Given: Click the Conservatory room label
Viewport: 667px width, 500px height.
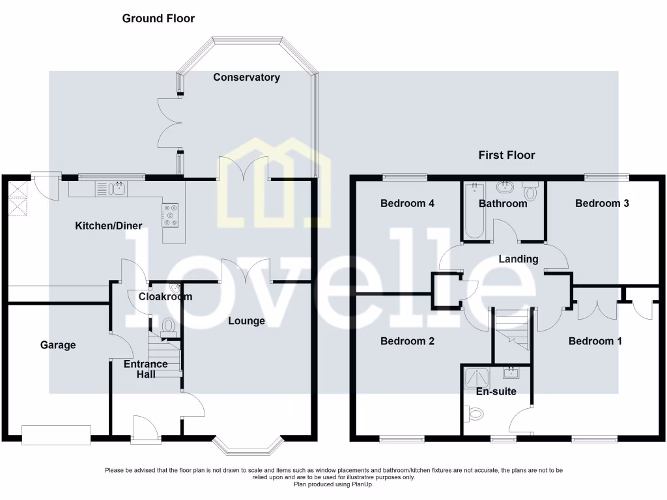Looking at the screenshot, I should tap(247, 77).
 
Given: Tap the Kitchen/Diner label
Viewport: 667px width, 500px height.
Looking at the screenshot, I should tap(109, 226).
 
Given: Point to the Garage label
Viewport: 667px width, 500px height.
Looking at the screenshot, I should tap(58, 345).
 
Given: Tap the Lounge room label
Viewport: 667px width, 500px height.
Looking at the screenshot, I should tap(246, 321).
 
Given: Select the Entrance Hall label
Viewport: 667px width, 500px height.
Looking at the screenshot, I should tap(145, 368).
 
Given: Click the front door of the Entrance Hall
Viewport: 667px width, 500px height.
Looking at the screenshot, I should tap(145, 428).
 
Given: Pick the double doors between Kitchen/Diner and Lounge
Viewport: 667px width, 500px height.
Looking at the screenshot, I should tap(245, 270).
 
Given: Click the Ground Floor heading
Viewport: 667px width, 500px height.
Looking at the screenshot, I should tap(158, 18).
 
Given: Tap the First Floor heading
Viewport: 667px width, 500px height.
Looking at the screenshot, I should tap(507, 155).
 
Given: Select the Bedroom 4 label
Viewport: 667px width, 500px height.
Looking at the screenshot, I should tap(407, 203).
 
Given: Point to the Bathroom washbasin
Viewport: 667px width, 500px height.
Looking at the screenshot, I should tap(504, 188).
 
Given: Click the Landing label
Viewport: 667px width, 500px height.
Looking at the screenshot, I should tap(518, 259).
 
